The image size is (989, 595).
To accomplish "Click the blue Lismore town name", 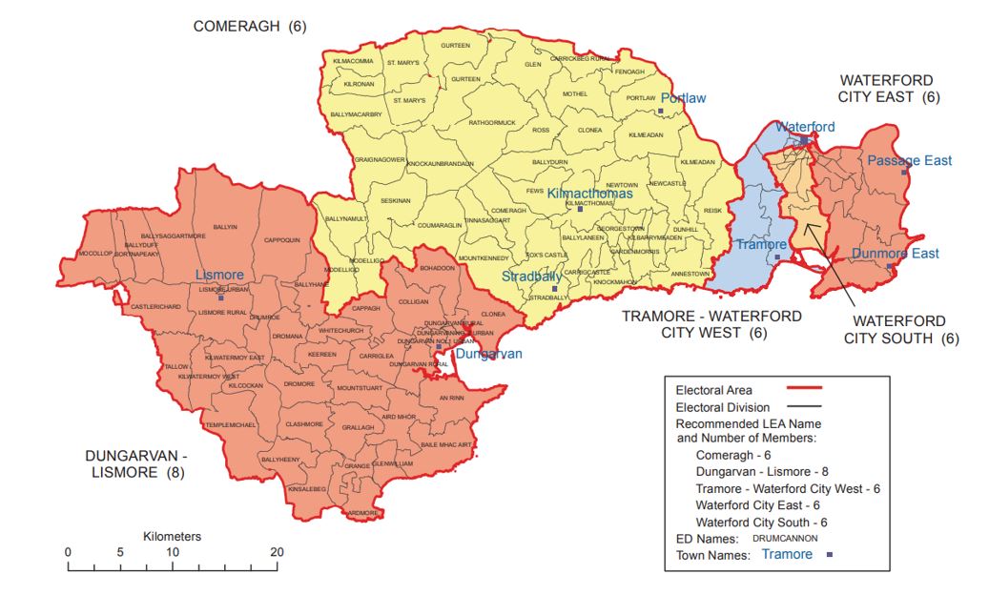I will pyautogui.click(x=219, y=275).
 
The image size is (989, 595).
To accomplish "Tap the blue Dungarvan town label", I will pyautogui.click(x=488, y=354).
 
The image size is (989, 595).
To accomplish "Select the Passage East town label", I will pyautogui.click(x=909, y=160).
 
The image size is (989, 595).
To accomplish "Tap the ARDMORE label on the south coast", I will pyautogui.click(x=363, y=512).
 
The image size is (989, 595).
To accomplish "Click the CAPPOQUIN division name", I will pyautogui.click(x=281, y=240).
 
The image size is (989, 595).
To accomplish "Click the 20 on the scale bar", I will pyautogui.click(x=278, y=553).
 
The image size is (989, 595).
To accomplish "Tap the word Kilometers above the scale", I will pyautogui.click(x=172, y=537).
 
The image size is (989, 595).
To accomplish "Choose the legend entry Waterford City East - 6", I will pyautogui.click(x=757, y=504).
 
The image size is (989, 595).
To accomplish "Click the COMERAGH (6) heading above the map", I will pyautogui.click(x=250, y=27).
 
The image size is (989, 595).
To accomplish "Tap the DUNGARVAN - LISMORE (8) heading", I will pyautogui.click(x=133, y=463).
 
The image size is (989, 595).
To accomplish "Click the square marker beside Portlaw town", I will pyautogui.click(x=660, y=112).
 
